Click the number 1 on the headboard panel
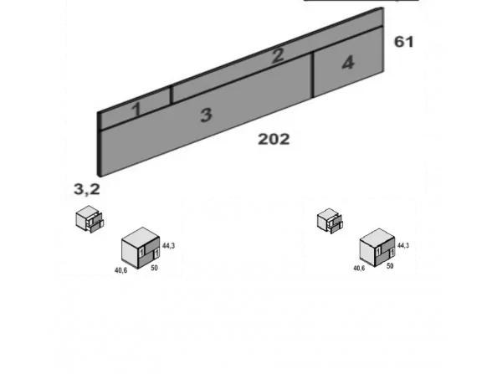pyautogui.click(x=136, y=110)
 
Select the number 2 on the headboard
pyautogui.click(x=278, y=56)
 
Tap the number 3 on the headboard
pyautogui.click(x=206, y=115)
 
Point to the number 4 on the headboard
pyautogui.click(x=348, y=63)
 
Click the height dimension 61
pyautogui.click(x=404, y=42)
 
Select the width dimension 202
pyautogui.click(x=274, y=139)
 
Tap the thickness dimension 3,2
pyautogui.click(x=87, y=189)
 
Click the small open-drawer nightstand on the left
pyautogui.click(x=90, y=219)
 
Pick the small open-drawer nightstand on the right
pyautogui.click(x=330, y=221)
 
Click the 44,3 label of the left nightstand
pyautogui.click(x=168, y=246)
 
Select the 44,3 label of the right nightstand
pyautogui.click(x=403, y=245)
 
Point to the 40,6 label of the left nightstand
pyautogui.click(x=121, y=270)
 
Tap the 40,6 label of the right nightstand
pyautogui.click(x=359, y=269)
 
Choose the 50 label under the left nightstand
pyautogui.click(x=154, y=268)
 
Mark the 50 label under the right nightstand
pyautogui.click(x=390, y=266)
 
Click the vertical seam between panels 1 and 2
pyautogui.click(x=172, y=95)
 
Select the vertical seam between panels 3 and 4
pyautogui.click(x=312, y=75)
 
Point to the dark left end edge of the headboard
pyautogui.click(x=99, y=144)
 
